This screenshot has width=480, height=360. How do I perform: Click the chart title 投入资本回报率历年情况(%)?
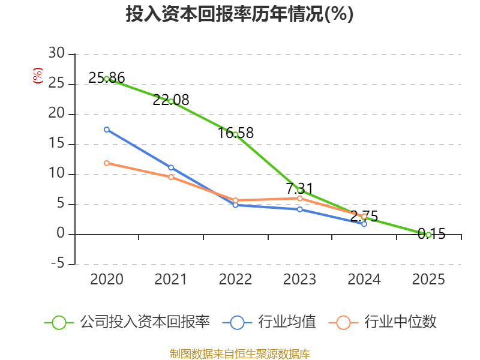coord(239,14)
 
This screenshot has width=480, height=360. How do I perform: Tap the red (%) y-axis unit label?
coord(38,76)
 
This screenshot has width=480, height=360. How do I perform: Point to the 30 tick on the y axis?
coord(56,53)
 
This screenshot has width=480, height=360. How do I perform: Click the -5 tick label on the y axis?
coord(58,263)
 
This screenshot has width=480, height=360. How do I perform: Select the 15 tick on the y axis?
coord(56,143)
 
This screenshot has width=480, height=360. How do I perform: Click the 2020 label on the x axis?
coord(107,279)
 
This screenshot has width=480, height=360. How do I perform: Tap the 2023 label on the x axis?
coord(299,279)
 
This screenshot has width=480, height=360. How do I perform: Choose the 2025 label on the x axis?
coord(428,279)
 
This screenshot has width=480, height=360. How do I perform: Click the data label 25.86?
coord(107,78)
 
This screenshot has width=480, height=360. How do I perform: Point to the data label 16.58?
coord(235,133)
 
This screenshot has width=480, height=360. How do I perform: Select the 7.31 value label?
coord(299,188)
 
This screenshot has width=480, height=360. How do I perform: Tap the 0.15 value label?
coord(431,234)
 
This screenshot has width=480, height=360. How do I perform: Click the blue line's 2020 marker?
coord(107,130)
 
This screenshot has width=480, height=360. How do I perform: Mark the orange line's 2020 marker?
coord(107,163)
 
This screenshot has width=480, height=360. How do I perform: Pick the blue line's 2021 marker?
coord(171,167)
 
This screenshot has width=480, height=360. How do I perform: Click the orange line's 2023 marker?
coord(299,199)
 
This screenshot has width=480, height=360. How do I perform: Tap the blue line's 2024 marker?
coord(364,224)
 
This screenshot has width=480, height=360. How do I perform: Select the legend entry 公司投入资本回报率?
coord(127,322)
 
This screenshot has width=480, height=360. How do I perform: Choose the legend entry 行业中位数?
coord(383,322)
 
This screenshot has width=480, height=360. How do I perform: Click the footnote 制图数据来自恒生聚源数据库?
coord(240,353)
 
